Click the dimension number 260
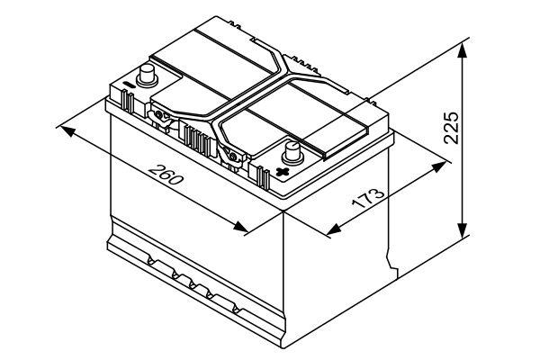pos(166,175)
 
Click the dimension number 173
pos(368,199)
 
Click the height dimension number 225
pos(452,127)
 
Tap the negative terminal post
pos(147,76)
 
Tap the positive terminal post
pos(292,153)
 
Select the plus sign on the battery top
pos(283,171)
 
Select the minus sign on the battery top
pos(129,85)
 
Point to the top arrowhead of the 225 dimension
pos(463,51)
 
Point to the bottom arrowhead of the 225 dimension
pos(463,230)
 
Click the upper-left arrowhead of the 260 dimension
pos(68,130)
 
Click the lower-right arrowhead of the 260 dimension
pos(240,227)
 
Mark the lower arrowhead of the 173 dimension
pos(334,229)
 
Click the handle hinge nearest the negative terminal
pos(159,117)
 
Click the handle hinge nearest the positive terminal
pos(233,157)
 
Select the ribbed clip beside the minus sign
pos(127,101)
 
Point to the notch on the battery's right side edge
pos(391,263)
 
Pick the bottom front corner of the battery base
pos(283,346)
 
